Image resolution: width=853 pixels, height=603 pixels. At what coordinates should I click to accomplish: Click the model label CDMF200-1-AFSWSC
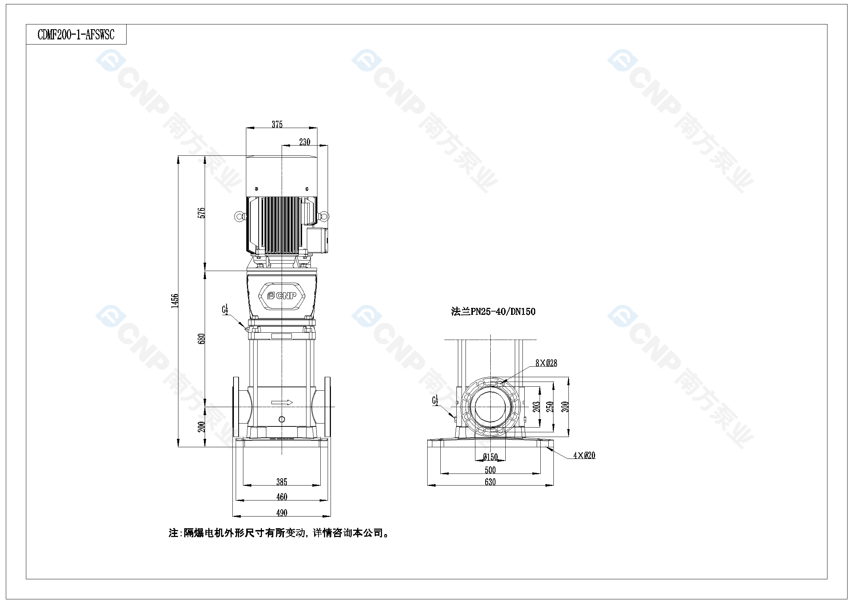tap(76, 35)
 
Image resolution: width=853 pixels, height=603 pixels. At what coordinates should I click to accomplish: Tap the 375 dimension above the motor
tap(277, 124)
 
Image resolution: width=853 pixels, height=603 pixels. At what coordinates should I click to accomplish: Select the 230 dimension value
tap(305, 142)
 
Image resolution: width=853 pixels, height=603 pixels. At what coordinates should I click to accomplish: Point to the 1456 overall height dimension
tap(175, 301)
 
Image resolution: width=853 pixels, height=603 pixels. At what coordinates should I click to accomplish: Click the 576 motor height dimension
tap(201, 213)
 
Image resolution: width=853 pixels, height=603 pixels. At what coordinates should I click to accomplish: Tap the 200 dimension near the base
tap(201, 426)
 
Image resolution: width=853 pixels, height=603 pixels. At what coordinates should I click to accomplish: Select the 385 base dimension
tap(282, 482)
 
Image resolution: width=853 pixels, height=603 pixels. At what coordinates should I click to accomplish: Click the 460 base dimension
tap(282, 497)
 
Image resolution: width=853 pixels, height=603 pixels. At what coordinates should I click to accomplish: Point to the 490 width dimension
tap(282, 513)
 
